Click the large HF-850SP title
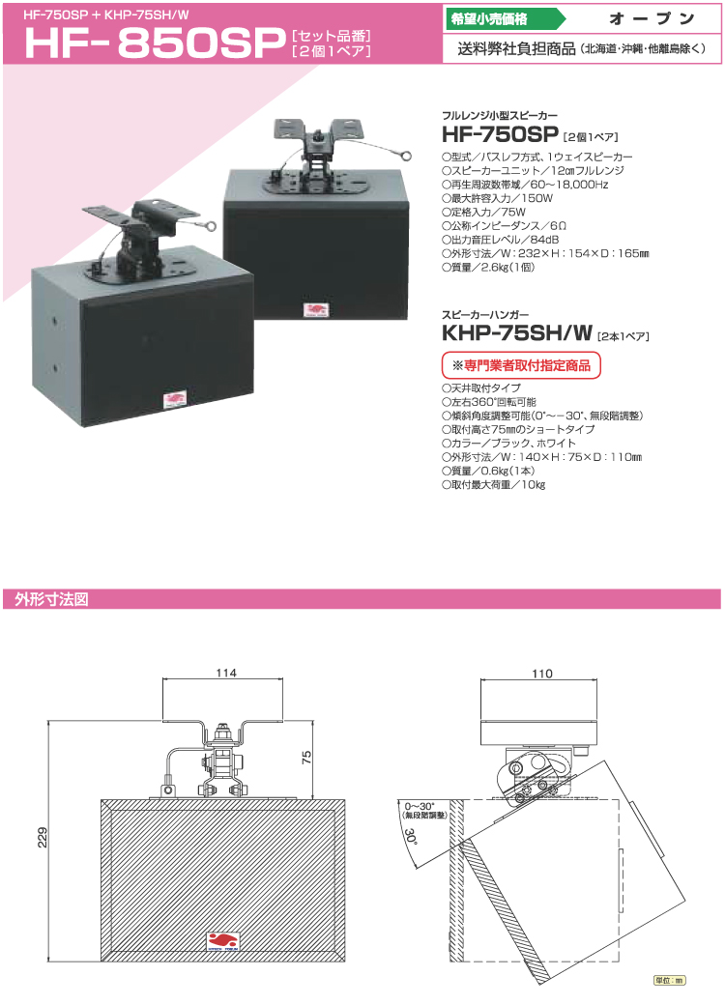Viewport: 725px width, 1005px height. pos(155,43)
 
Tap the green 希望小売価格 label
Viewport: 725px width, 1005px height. pos(489,18)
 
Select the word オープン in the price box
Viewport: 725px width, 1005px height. pos(652,18)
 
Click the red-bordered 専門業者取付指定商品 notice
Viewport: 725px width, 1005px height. pos(521,365)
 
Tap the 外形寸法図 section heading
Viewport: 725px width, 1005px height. pos(52,599)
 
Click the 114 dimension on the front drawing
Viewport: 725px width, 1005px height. pos(225,673)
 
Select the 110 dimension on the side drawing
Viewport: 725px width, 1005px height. pos(541,674)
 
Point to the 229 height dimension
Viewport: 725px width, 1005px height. pos(43,837)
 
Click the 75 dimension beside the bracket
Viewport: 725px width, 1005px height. pos(306,757)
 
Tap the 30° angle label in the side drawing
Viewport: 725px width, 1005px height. pos(411,836)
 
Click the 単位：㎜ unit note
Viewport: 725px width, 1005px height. pos(669,980)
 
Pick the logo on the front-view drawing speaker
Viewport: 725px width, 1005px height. pos(223,941)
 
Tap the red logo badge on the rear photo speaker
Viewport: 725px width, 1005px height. pos(315,311)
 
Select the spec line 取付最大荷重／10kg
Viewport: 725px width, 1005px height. pos(494,484)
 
